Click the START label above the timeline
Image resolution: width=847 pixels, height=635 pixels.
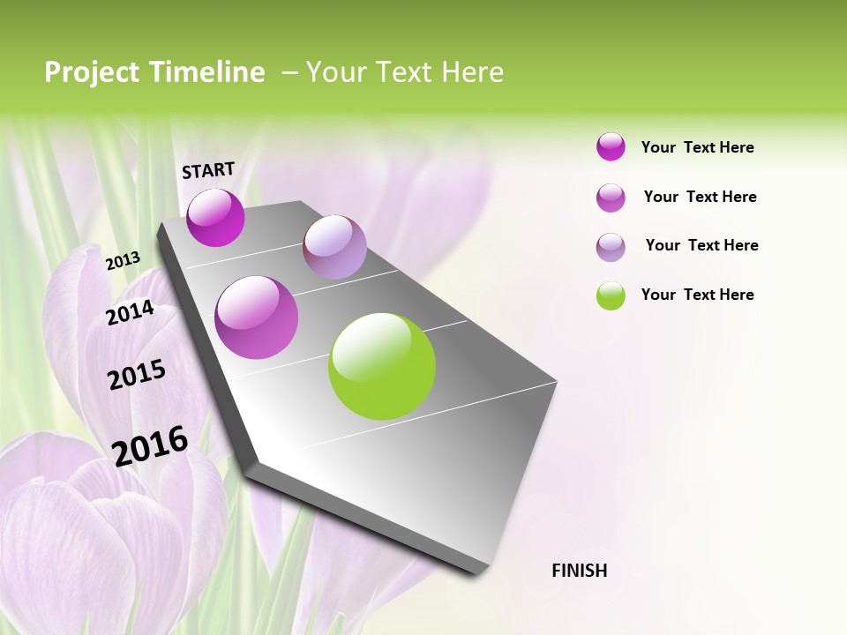208,170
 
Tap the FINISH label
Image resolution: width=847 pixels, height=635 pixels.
580,571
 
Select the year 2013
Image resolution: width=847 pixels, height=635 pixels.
123,260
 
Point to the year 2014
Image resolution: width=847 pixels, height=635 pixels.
131,312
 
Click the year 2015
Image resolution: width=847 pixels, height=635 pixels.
137,375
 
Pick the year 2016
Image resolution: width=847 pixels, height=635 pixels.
150,445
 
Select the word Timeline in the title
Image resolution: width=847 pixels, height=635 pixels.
206,72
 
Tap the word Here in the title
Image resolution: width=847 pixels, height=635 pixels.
472,72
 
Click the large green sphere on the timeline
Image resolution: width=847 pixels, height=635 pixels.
382,366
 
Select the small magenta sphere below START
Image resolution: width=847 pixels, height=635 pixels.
216,218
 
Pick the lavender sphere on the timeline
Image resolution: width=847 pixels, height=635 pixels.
334,247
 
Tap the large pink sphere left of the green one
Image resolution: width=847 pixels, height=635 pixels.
257,317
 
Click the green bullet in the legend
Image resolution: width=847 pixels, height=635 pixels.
611,295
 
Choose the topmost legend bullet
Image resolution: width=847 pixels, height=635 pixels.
611,147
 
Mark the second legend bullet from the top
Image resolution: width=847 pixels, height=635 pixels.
611,198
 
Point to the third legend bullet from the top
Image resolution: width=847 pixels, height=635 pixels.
611,247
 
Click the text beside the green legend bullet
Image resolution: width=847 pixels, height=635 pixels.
697,295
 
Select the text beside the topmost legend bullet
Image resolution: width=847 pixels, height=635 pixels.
697,147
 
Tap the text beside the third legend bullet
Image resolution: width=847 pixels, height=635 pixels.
701,245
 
